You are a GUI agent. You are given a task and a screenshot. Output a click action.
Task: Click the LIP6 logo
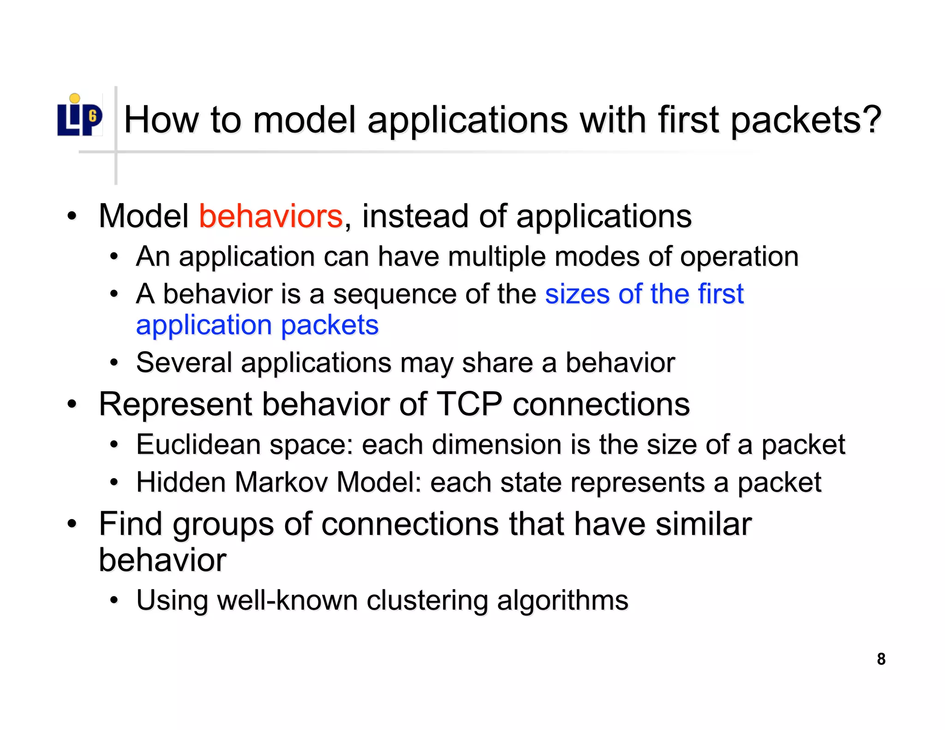point(79,116)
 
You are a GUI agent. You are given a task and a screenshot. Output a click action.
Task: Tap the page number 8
point(881,659)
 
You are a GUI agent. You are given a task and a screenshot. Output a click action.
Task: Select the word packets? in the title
point(807,120)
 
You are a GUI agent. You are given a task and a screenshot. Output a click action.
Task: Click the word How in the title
point(161,120)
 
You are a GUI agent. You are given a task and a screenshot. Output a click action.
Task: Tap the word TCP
point(469,404)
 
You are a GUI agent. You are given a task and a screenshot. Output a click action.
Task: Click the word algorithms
point(562,601)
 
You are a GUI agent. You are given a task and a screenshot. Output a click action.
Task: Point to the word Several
point(184,363)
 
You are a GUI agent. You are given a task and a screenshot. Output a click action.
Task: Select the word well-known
point(287,600)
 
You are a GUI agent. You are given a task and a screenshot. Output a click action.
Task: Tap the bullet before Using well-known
point(114,600)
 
